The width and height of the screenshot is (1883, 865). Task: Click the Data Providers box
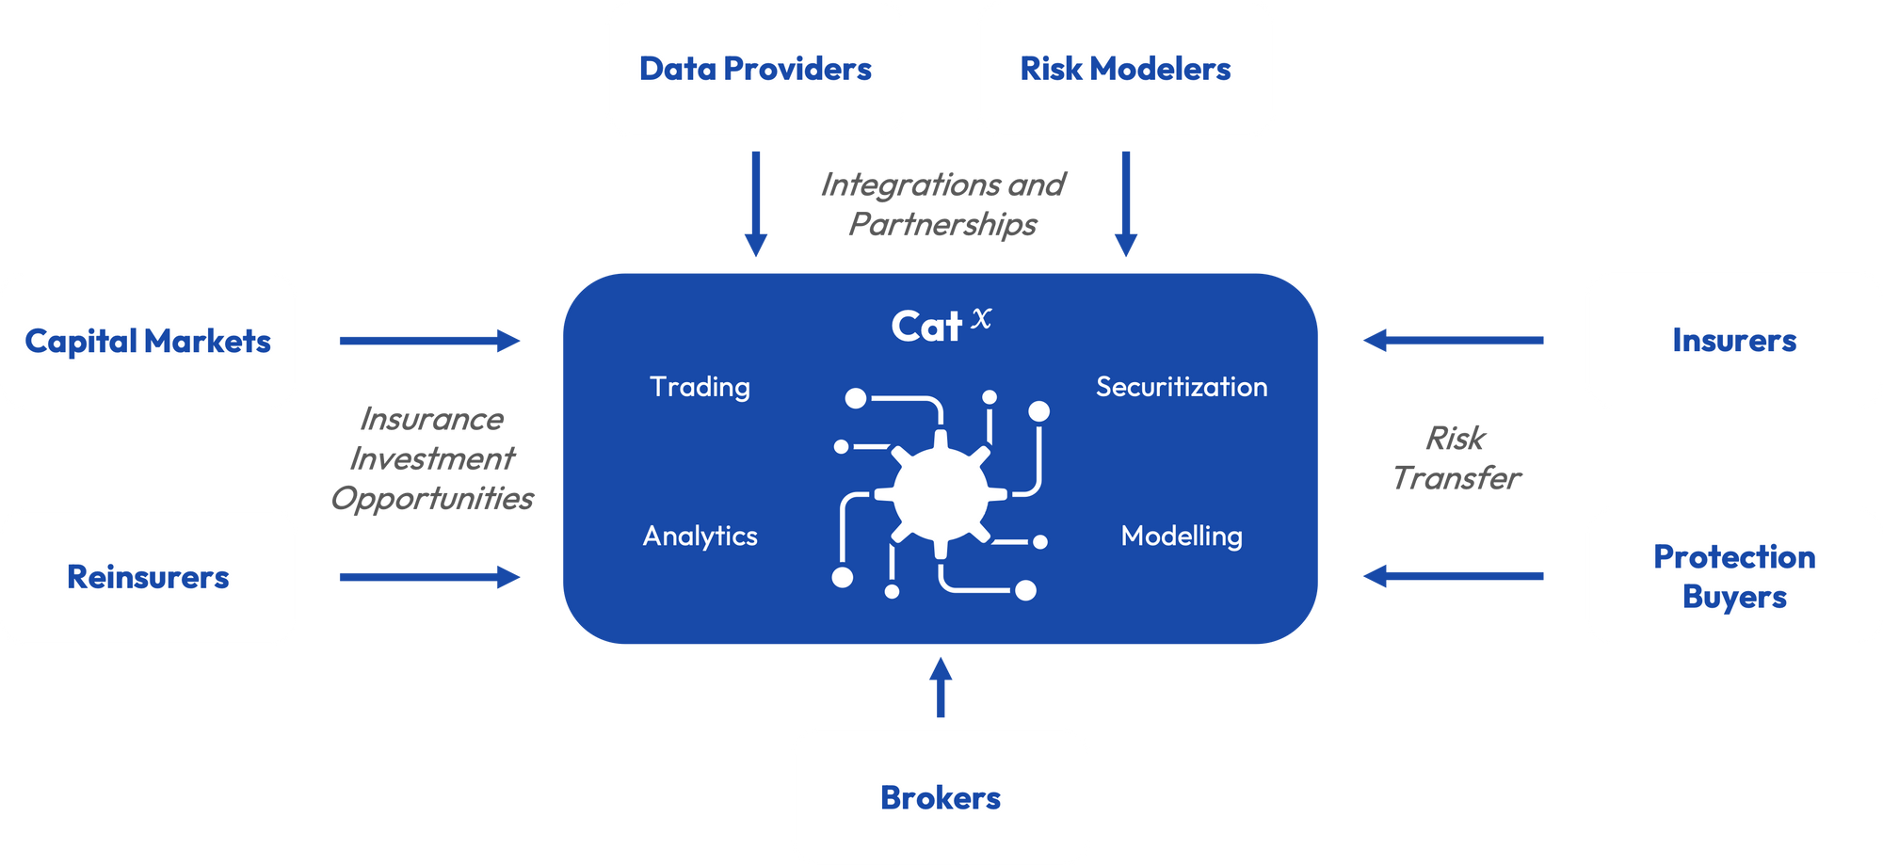755,69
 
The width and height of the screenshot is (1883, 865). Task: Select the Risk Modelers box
1125,69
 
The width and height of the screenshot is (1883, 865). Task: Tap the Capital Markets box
148,341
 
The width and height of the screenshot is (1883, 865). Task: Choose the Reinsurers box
148,577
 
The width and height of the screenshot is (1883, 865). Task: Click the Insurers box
1733,340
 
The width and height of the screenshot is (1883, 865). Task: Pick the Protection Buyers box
1733,576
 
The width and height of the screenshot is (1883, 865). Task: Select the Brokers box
940,797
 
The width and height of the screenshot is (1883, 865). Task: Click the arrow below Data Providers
755,202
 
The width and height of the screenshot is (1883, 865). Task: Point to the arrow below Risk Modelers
1125,202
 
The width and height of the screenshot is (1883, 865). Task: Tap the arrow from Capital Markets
428,341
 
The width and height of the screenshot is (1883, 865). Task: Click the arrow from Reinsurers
428,577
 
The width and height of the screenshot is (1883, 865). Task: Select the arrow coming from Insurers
1454,340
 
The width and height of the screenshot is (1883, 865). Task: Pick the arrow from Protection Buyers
1454,576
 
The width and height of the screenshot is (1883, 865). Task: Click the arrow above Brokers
940,688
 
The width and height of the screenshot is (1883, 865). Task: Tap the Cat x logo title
940,326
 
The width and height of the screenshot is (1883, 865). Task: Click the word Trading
700,387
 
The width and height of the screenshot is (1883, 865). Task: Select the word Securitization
1181,387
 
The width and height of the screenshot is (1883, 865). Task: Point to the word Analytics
700,536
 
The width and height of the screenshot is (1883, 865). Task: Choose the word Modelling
1181,536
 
